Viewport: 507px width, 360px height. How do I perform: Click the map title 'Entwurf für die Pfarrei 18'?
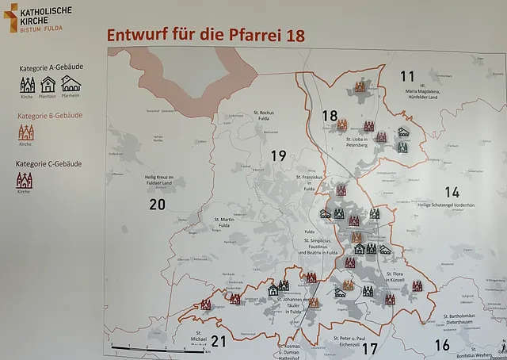click(205, 36)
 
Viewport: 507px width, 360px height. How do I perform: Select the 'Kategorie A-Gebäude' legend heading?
click(49, 69)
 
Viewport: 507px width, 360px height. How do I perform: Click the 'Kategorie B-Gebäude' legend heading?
click(49, 116)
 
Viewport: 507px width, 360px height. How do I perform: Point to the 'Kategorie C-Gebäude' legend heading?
click(49, 163)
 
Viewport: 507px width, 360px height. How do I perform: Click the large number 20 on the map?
click(157, 205)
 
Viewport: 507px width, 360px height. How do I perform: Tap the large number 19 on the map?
click(278, 155)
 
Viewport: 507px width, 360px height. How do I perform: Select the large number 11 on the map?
click(407, 77)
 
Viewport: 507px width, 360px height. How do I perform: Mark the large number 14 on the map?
click(452, 192)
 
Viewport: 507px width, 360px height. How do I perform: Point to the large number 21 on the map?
click(219, 342)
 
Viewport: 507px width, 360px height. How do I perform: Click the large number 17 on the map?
click(369, 347)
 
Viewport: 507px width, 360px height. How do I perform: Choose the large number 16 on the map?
click(442, 345)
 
